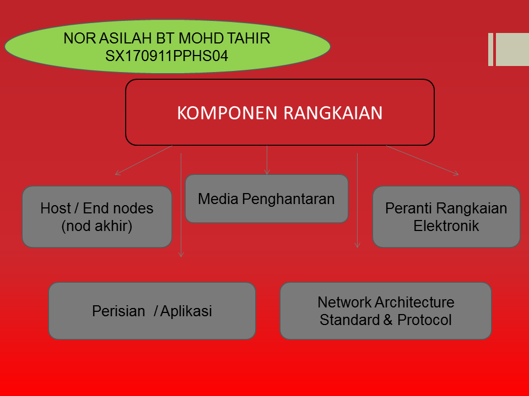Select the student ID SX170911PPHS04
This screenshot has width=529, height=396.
pos(166,56)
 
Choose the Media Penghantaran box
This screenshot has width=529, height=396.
pos(266,199)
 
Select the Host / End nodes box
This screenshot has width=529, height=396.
pos(97,217)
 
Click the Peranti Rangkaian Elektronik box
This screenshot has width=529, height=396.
pos(446,217)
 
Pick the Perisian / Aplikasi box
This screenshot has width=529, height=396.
pos(152,311)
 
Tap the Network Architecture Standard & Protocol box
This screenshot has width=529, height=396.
pos(386,311)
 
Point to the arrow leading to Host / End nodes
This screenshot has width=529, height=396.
pos(143,161)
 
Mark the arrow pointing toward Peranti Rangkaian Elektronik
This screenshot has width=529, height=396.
pos(422,160)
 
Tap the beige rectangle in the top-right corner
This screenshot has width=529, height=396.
pos(512,50)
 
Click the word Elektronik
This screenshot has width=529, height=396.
pos(446,226)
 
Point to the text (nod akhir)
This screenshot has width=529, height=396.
pos(97,226)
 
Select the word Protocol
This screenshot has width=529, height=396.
pos(424,320)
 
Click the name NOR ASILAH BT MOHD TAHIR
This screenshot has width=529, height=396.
pos(167,39)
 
